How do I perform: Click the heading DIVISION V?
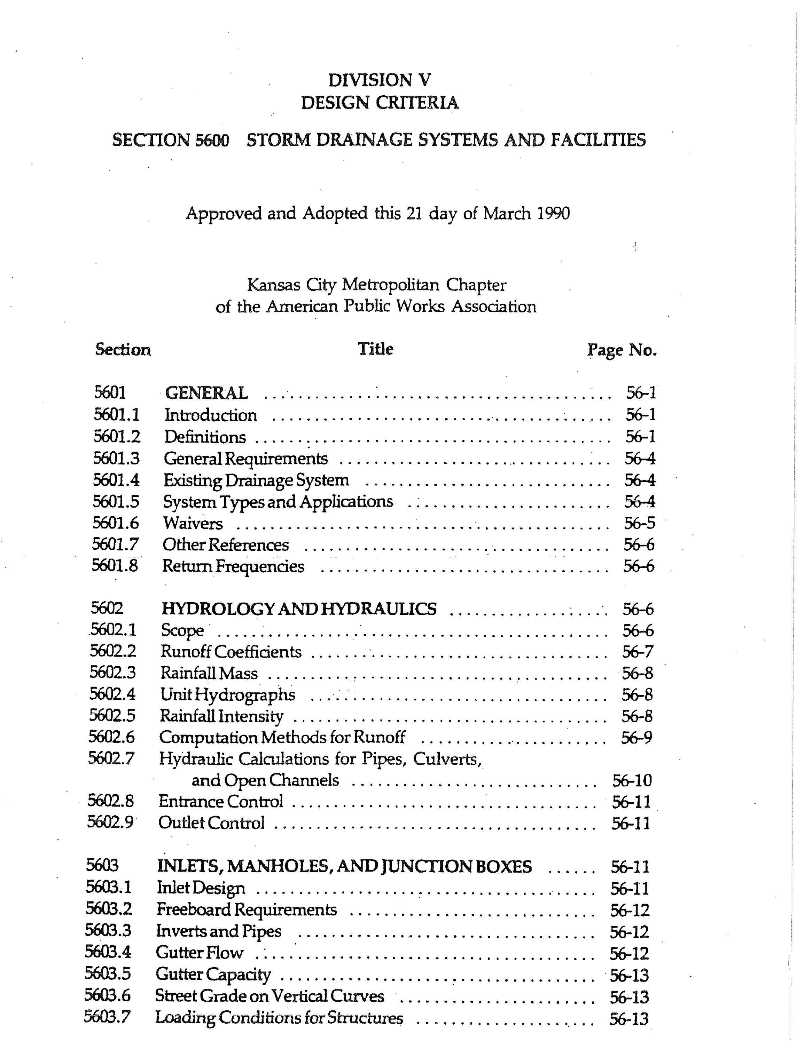(380, 80)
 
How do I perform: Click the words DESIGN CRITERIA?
(380, 103)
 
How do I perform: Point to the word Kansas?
(273, 285)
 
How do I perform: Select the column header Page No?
(622, 350)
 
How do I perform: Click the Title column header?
(375, 349)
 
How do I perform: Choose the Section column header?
(123, 350)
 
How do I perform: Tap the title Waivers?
(193, 523)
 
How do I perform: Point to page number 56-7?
(638, 652)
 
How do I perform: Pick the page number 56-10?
(631, 780)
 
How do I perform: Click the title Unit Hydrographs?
(227, 695)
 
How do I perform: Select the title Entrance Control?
(221, 801)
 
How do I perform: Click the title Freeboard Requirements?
(246, 909)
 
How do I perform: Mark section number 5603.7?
(107, 1018)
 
